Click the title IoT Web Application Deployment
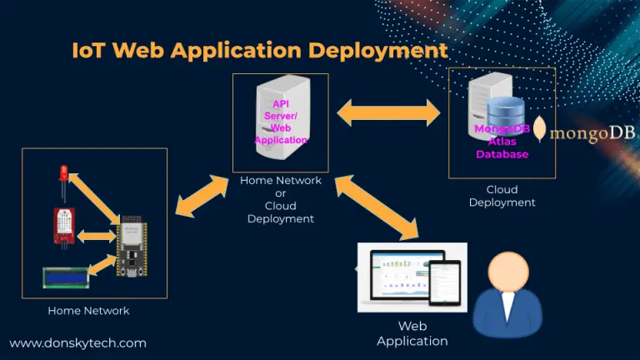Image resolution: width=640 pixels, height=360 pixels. click(x=259, y=50)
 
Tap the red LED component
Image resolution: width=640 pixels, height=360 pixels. click(x=63, y=177)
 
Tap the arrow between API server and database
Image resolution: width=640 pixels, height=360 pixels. click(x=388, y=110)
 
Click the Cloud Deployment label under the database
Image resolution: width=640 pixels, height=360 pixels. click(x=502, y=196)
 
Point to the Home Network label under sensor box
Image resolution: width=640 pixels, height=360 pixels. click(x=88, y=311)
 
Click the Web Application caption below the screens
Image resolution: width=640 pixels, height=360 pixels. click(x=412, y=333)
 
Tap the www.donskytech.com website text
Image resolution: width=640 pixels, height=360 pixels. click(x=78, y=342)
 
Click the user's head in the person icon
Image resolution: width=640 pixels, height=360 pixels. click(x=505, y=272)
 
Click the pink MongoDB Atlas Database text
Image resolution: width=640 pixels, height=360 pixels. click(x=502, y=142)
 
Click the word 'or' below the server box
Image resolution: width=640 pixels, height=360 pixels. click(x=280, y=192)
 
